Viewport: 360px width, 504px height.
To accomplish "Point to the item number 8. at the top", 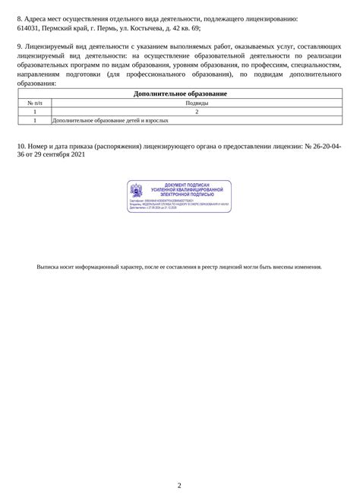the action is pyautogui.click(x=19, y=17).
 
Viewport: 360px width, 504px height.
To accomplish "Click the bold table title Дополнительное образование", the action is pyautogui.click(x=179, y=94).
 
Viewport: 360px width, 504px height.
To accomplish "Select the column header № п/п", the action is pyautogui.click(x=35, y=103).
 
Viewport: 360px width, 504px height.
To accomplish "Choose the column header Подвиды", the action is pyautogui.click(x=196, y=103).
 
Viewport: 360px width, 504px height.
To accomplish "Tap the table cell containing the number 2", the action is pyautogui.click(x=196, y=112).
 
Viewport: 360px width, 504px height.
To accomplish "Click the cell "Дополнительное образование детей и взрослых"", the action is pyautogui.click(x=110, y=121).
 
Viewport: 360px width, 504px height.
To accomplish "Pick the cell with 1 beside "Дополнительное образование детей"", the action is pyautogui.click(x=35, y=121).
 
